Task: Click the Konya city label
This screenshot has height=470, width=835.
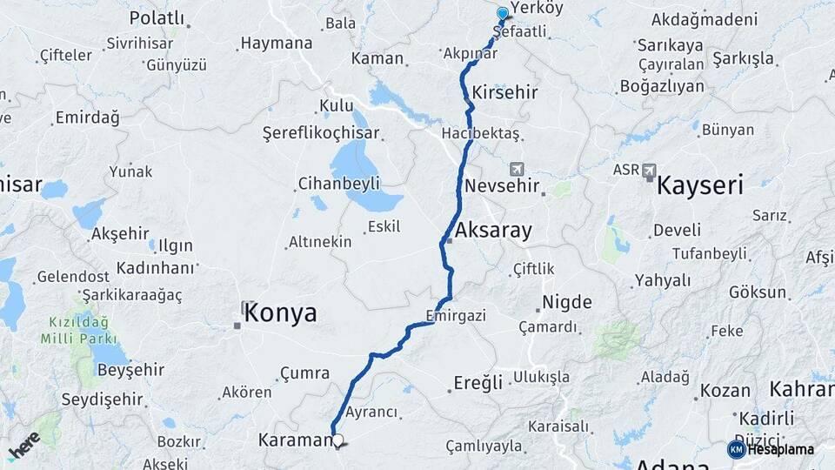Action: [x=280, y=314]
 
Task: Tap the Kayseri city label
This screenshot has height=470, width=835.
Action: [x=700, y=185]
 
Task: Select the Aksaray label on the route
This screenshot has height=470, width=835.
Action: [x=493, y=231]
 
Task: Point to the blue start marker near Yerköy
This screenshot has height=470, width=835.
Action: [x=503, y=14]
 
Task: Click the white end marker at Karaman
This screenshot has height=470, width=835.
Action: [x=337, y=440]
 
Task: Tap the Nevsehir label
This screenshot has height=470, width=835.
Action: [x=502, y=186]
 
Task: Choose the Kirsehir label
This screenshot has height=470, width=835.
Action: [x=504, y=92]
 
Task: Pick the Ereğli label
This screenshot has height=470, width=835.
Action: [x=478, y=382]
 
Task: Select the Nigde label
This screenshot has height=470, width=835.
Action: [x=566, y=303]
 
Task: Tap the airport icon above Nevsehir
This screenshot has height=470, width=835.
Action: [x=518, y=168]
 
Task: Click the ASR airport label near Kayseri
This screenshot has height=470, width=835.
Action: [x=626, y=170]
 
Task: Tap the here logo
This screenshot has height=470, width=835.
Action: [x=24, y=445]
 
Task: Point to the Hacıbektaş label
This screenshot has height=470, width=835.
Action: [x=480, y=133]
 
